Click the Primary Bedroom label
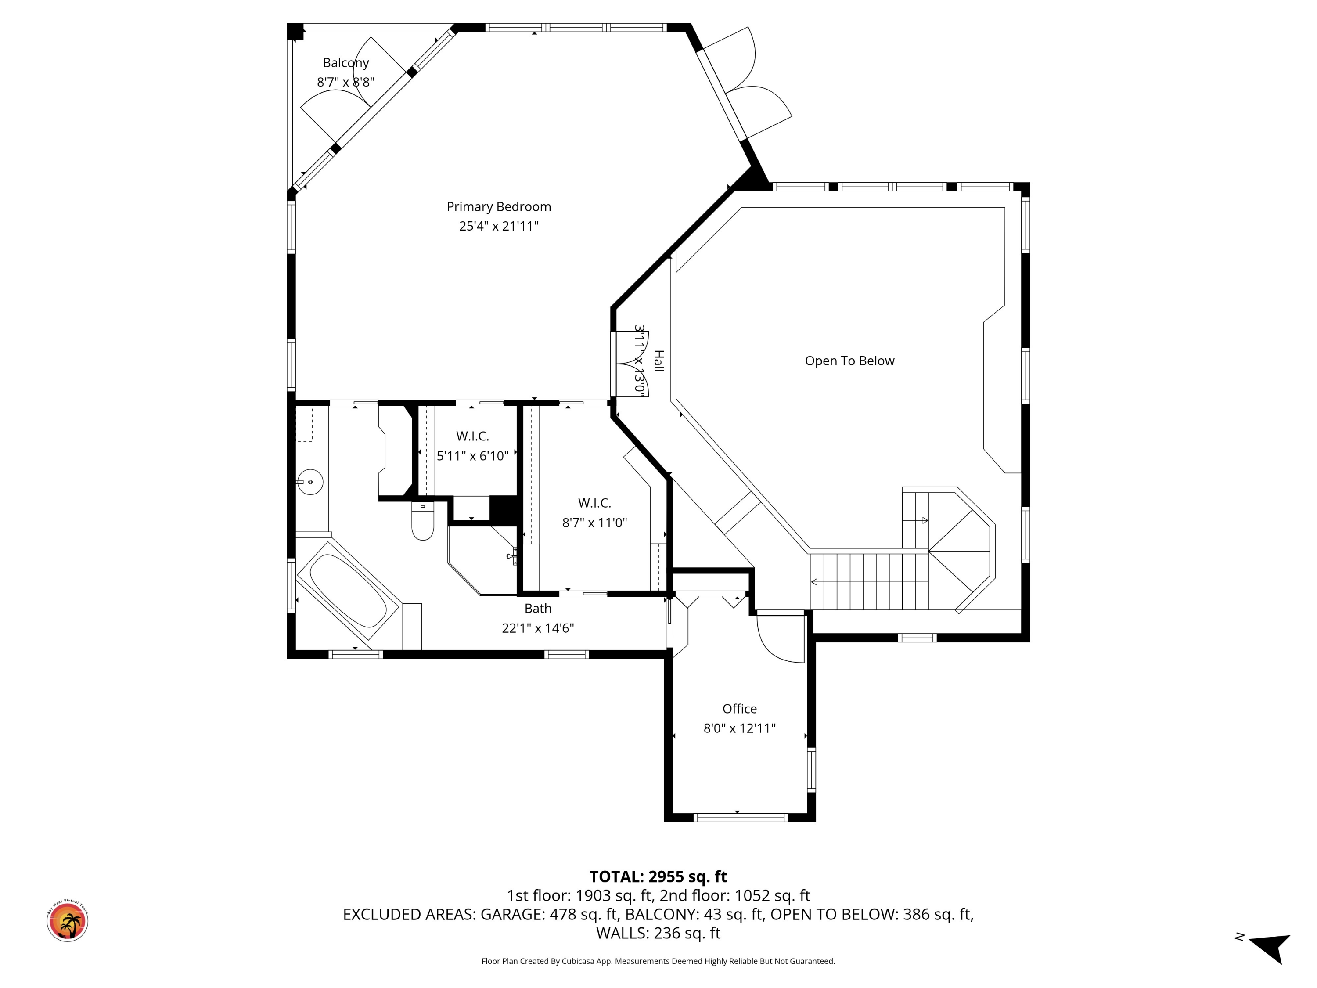pyautogui.click(x=498, y=207)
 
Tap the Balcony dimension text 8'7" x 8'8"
pyautogui.click(x=345, y=82)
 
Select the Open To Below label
pyautogui.click(x=849, y=361)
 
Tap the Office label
pyautogui.click(x=739, y=709)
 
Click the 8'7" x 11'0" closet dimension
pyautogui.click(x=594, y=523)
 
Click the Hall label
pyautogui.click(x=658, y=361)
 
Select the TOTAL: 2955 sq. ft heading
pyautogui.click(x=658, y=876)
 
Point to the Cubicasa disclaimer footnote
pyautogui.click(x=658, y=961)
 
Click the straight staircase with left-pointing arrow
pyautogui.click(x=869, y=582)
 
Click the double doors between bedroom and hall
pyautogui.click(x=630, y=363)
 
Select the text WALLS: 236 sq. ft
pyautogui.click(x=658, y=933)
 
